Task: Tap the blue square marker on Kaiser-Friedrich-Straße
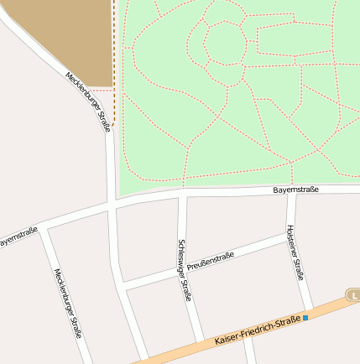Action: (305, 318)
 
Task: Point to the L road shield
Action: (354, 295)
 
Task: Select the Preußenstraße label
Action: (210, 260)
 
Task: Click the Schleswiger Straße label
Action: (184, 269)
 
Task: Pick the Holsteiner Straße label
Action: (295, 252)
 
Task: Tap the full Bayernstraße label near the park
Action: (295, 190)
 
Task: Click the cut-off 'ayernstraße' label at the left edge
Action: (18, 237)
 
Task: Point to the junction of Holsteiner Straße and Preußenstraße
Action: (291, 237)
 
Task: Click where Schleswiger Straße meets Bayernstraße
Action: (182, 194)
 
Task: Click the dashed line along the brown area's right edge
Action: (113, 50)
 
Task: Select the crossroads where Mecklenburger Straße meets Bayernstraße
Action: (112, 204)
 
